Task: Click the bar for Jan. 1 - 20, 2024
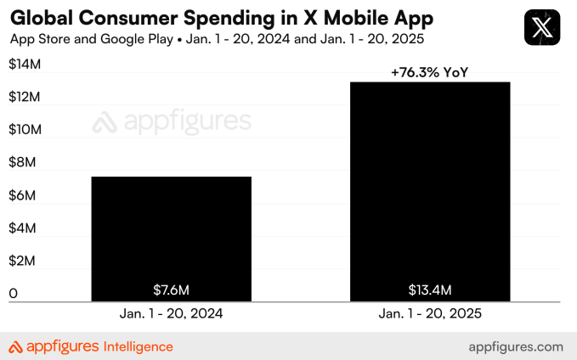[x=171, y=238]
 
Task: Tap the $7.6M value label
[x=171, y=290]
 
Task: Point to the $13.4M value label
[x=431, y=290]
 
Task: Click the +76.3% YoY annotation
[x=431, y=73]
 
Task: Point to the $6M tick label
[x=23, y=195]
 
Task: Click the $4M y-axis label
[x=23, y=228]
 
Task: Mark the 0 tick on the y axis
[x=13, y=294]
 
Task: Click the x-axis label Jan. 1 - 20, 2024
[x=171, y=313]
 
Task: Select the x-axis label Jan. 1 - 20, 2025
[x=431, y=313]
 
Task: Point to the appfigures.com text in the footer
[x=516, y=346]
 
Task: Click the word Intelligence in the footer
[x=138, y=346]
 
